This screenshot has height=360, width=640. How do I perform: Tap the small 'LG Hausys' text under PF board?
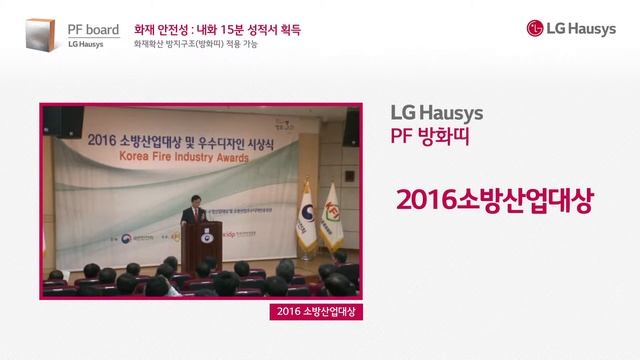86,45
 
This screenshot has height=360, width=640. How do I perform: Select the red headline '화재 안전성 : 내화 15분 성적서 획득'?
217,29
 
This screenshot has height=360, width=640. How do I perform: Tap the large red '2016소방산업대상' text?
494,200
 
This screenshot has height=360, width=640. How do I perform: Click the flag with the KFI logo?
330,212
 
